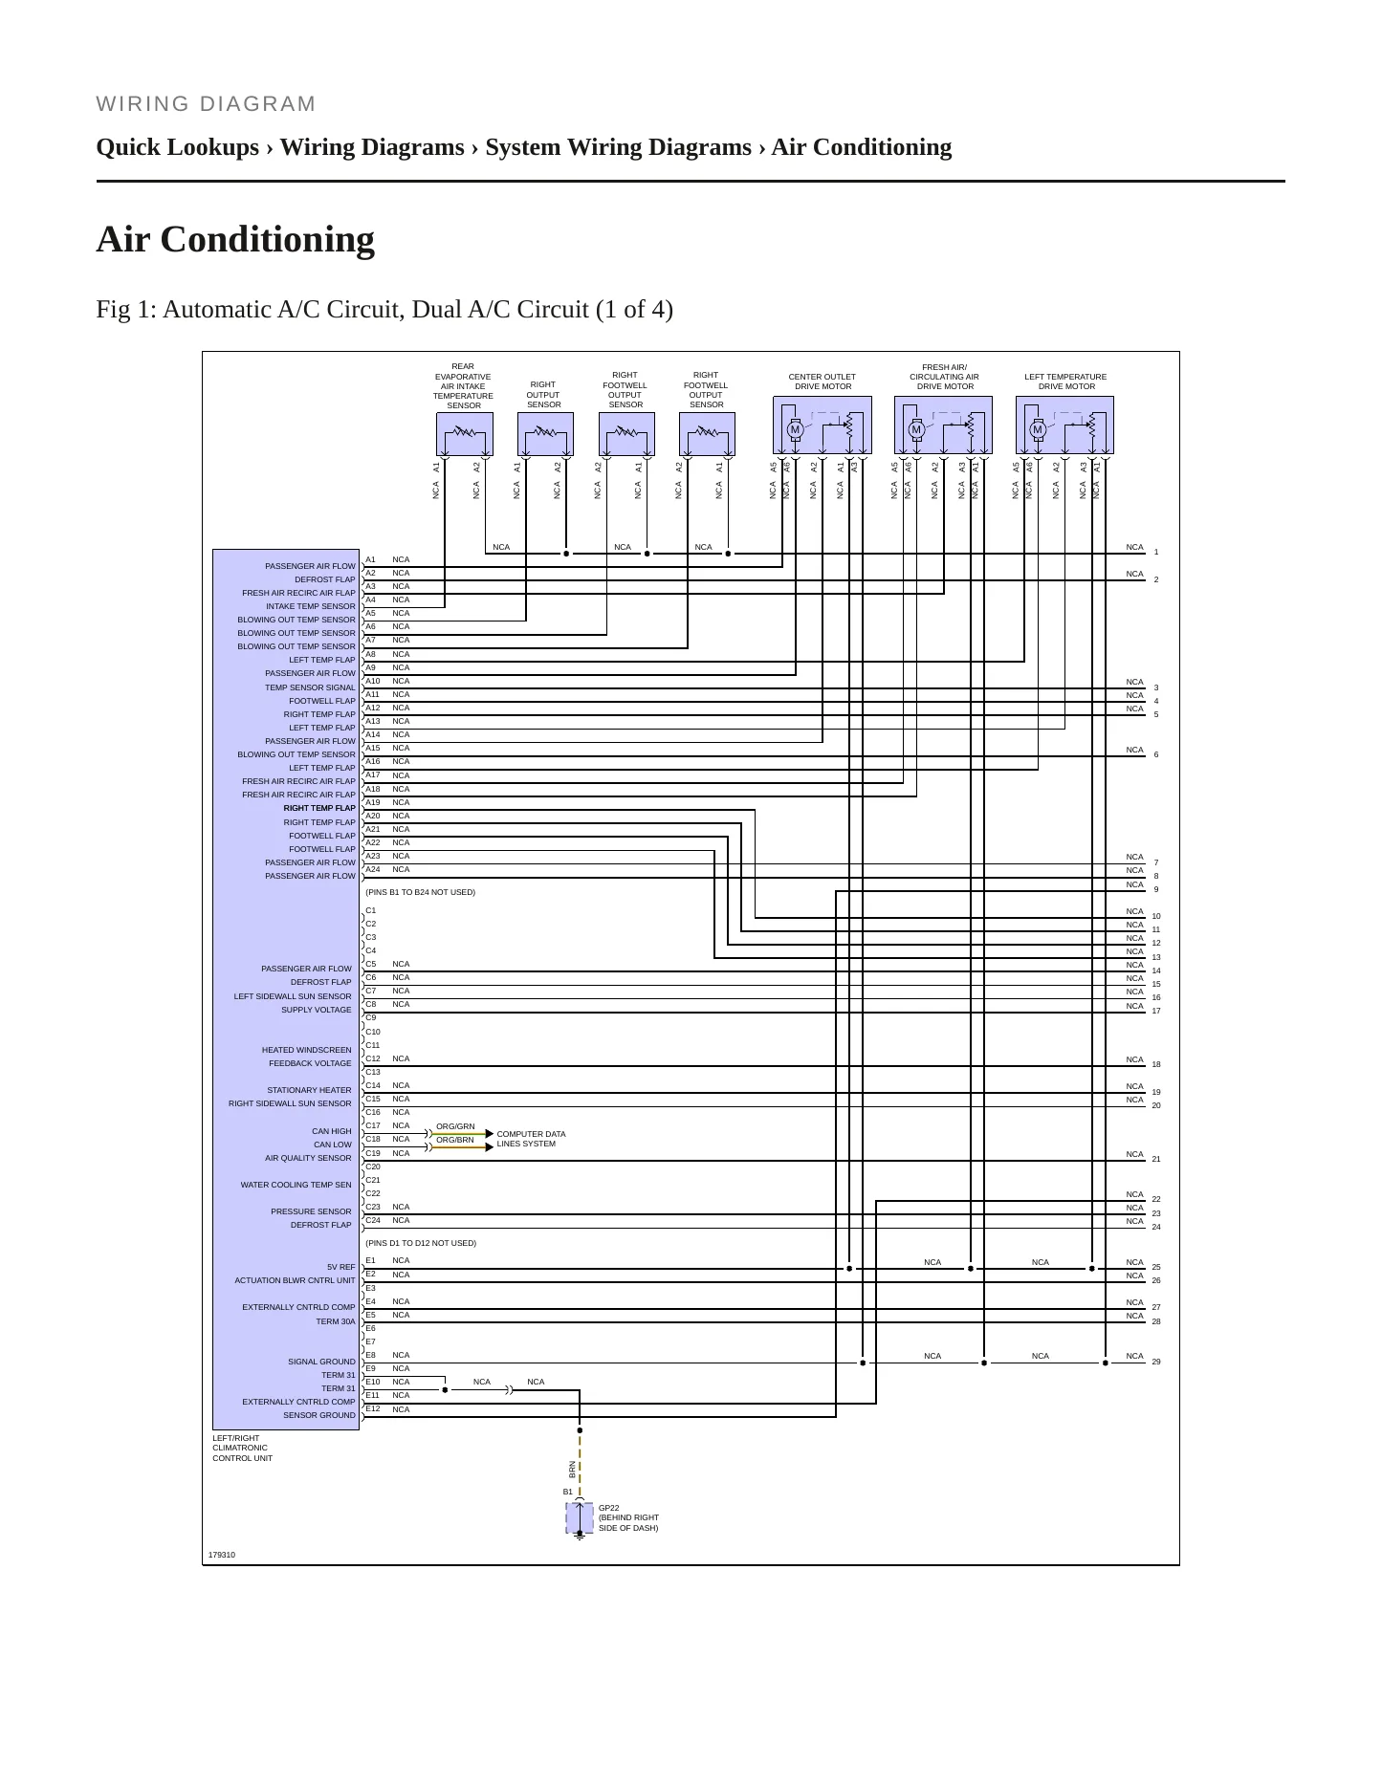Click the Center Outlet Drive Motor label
[823, 382]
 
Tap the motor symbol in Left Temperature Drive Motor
[1037, 430]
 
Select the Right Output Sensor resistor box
[545, 434]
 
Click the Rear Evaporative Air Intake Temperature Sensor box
[465, 434]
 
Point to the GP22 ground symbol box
[580, 1518]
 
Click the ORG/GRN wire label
[455, 1126]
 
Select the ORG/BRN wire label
[455, 1140]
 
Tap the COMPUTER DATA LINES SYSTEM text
[531, 1139]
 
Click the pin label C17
[373, 1125]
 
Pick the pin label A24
[373, 869]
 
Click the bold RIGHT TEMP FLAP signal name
[319, 808]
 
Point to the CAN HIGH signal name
[332, 1131]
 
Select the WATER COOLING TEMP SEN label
[296, 1185]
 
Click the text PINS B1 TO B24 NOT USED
[421, 892]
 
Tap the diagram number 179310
[222, 1555]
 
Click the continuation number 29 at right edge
[1156, 1362]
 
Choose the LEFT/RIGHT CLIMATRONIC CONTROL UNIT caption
[243, 1448]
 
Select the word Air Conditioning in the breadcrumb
[862, 147]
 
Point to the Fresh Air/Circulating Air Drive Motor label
[945, 377]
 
